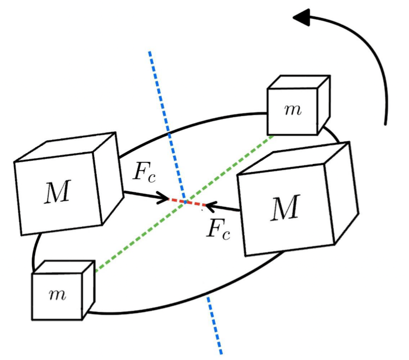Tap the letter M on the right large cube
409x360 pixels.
[285, 209]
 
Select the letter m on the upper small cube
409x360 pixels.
[293, 110]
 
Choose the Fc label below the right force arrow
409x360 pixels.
[219, 229]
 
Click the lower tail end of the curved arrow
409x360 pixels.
[385, 123]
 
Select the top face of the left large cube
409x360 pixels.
[65, 147]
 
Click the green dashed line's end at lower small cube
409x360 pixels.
[95, 271]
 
